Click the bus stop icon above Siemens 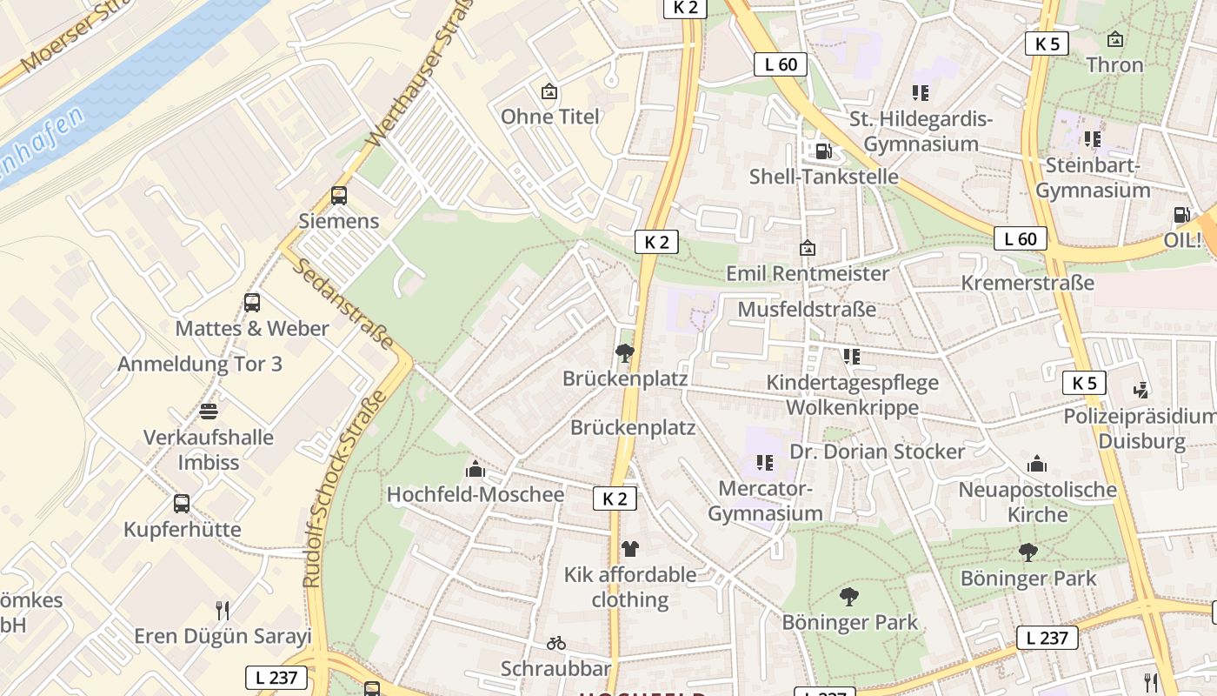pyautogui.click(x=339, y=196)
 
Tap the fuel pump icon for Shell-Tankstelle pyautogui.click(x=822, y=151)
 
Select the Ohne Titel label pyautogui.click(x=550, y=117)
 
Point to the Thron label pyautogui.click(x=1114, y=64)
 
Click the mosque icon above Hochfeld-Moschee pyautogui.click(x=475, y=469)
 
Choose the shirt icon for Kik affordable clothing pyautogui.click(x=630, y=549)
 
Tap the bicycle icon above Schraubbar pyautogui.click(x=556, y=644)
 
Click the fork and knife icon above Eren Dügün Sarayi pyautogui.click(x=223, y=610)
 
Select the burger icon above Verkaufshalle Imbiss pyautogui.click(x=209, y=411)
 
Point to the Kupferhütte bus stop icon pyautogui.click(x=182, y=503)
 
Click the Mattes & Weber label pyautogui.click(x=252, y=328)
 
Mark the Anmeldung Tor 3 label pyautogui.click(x=200, y=364)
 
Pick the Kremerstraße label pyautogui.click(x=1027, y=283)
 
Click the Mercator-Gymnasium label pyautogui.click(x=765, y=501)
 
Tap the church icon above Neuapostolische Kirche pyautogui.click(x=1037, y=465)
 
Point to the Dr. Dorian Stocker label pyautogui.click(x=877, y=452)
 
